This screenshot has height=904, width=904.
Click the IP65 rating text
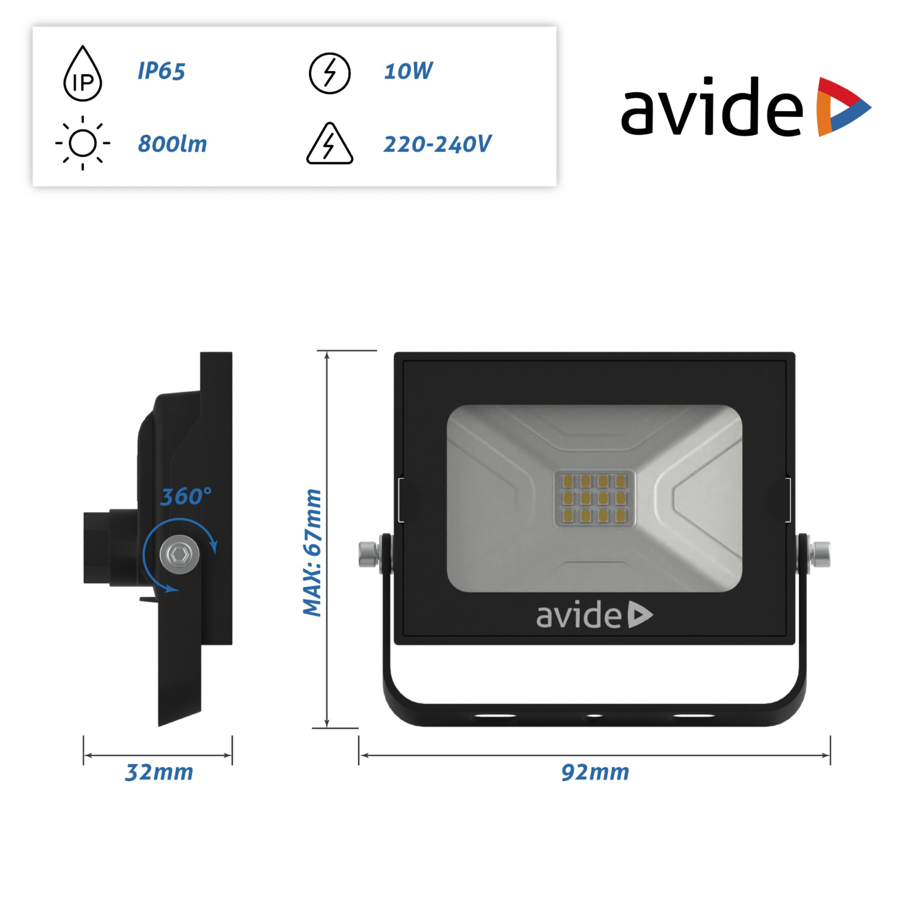pyautogui.click(x=161, y=71)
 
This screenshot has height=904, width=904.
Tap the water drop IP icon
pyautogui.click(x=82, y=75)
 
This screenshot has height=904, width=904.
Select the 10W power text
pyautogui.click(x=408, y=71)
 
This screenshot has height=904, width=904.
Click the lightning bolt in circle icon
pyautogui.click(x=330, y=73)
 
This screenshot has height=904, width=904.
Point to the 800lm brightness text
pyautogui.click(x=172, y=144)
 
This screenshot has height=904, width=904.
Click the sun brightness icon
pyautogui.click(x=82, y=143)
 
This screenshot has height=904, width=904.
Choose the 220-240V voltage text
pyautogui.click(x=437, y=144)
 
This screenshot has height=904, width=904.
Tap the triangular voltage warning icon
pyautogui.click(x=330, y=145)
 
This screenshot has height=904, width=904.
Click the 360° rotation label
pyautogui.click(x=186, y=497)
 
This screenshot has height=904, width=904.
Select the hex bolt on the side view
pyautogui.click(x=180, y=555)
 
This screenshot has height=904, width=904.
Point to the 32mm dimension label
pyautogui.click(x=159, y=772)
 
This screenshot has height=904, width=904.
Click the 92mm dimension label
pyautogui.click(x=595, y=772)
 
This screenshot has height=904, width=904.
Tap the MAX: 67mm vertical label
pyautogui.click(x=312, y=553)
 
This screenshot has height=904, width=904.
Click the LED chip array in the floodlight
pyautogui.click(x=594, y=498)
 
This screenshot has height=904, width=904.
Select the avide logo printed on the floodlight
pyautogui.click(x=594, y=615)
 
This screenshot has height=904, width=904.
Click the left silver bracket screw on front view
pyautogui.click(x=368, y=554)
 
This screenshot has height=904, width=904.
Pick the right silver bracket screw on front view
pyautogui.click(x=820, y=554)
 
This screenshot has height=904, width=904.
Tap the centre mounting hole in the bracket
pyautogui.click(x=594, y=716)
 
